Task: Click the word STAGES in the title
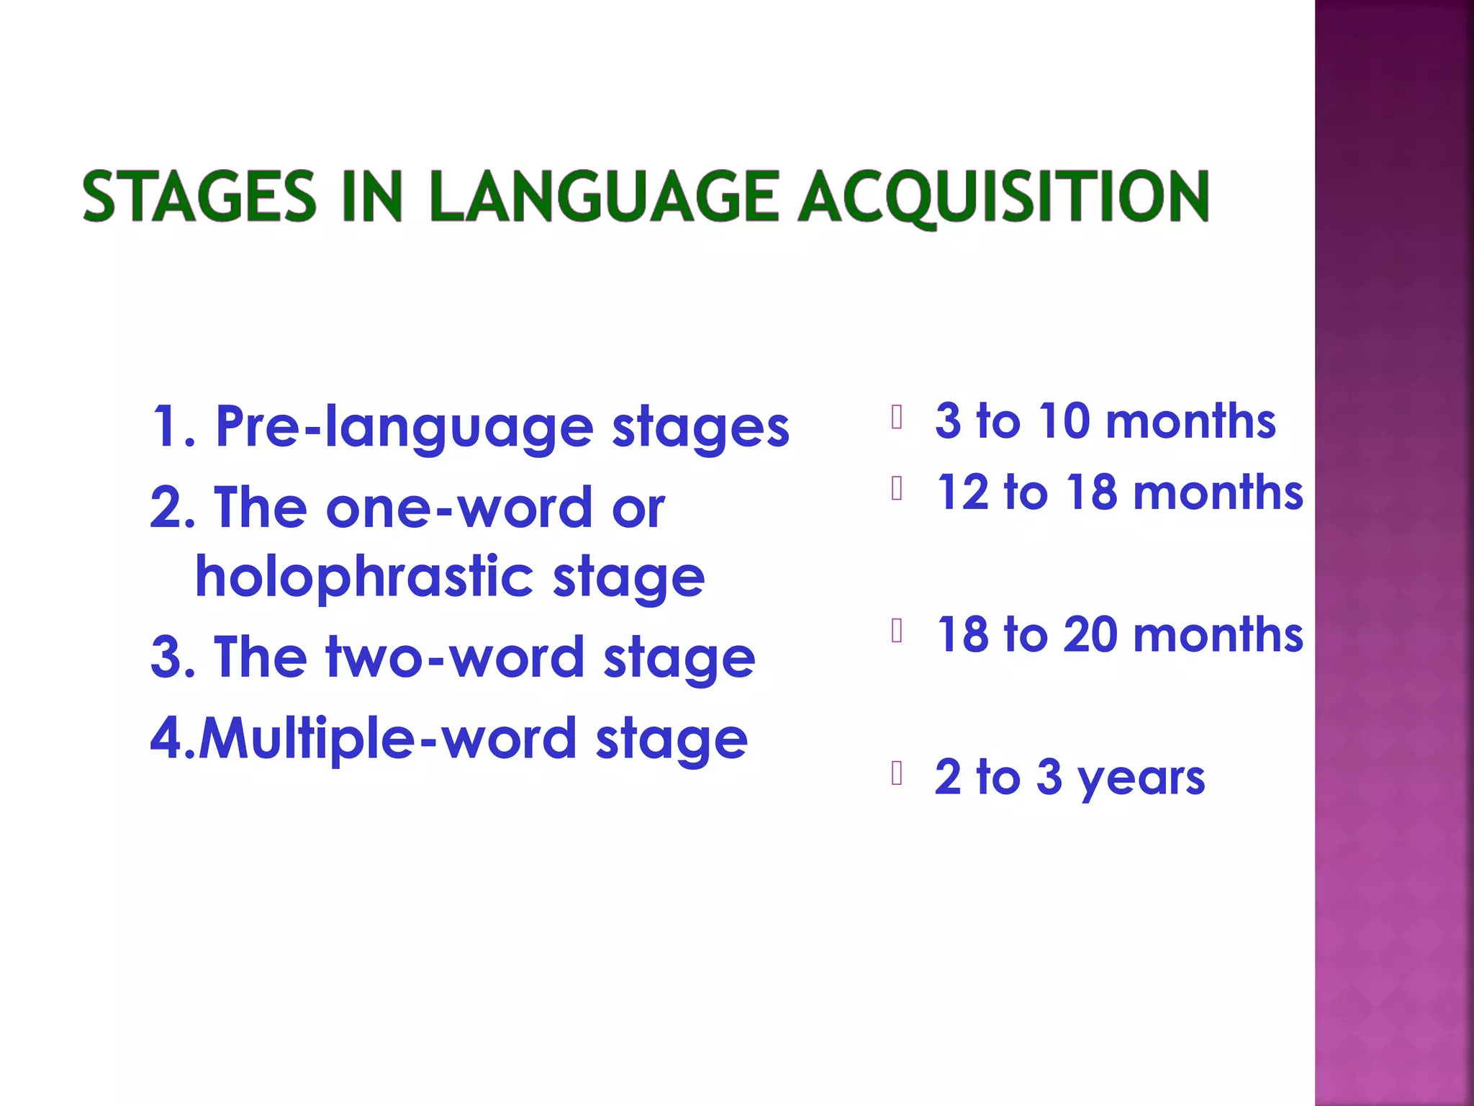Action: (199, 197)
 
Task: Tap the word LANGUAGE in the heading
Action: (604, 197)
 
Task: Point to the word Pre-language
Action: (404, 427)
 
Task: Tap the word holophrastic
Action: (364, 577)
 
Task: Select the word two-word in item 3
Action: (455, 657)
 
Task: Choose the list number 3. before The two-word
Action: (173, 657)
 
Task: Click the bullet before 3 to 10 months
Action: (897, 417)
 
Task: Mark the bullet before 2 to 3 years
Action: (897, 773)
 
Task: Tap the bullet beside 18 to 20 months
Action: (897, 630)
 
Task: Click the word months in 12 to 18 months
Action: (1218, 493)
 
